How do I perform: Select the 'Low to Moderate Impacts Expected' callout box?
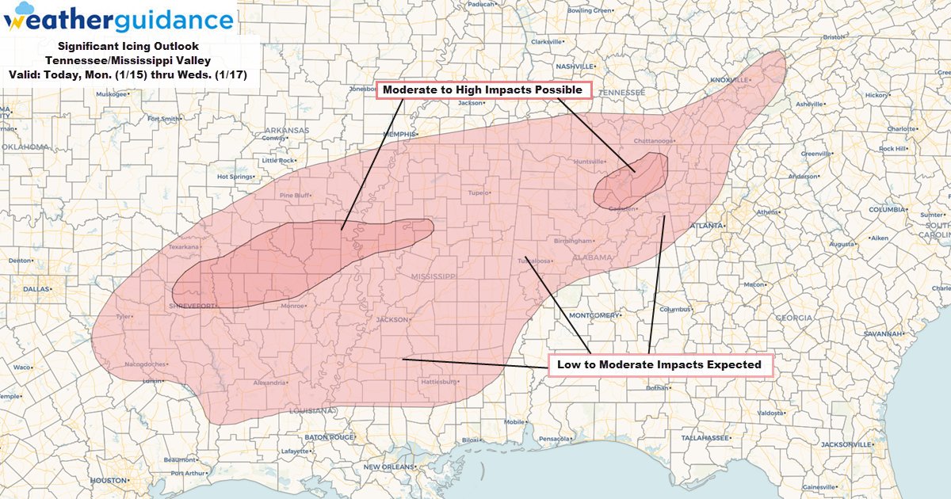[x=659, y=364]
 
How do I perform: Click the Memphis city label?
[x=400, y=135]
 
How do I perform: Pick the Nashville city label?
[x=575, y=66]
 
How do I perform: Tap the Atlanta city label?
[x=706, y=226]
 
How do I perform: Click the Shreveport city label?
[x=191, y=305]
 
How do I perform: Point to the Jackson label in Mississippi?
[x=391, y=320]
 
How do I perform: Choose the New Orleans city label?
[x=389, y=467]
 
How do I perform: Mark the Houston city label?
[x=109, y=480]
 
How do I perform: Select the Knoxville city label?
[x=730, y=80]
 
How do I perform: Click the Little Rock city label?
[x=279, y=160]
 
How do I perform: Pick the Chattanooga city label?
[x=654, y=141]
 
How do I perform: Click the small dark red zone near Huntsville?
[x=631, y=181]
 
